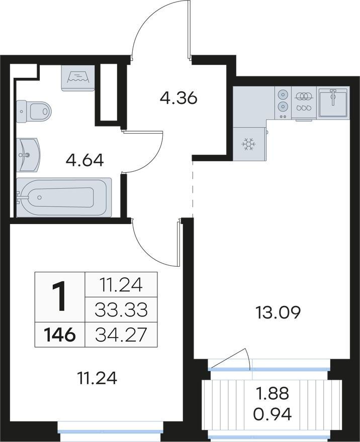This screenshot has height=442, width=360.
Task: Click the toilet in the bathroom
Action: click(34, 112)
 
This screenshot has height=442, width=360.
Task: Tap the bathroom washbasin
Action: click(28, 155)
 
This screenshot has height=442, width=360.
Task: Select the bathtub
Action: click(64, 197)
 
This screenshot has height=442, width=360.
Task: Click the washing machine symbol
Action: click(78, 78)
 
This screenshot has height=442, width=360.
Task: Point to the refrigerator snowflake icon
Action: click(249, 144)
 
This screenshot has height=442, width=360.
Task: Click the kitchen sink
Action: click(333, 101)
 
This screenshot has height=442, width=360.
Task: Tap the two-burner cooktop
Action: click(283, 102)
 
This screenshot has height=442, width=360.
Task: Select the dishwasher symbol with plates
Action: click(304, 102)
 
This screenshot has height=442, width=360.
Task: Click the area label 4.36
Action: click(178, 98)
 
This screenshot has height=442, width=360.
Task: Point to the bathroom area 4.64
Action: click(84, 160)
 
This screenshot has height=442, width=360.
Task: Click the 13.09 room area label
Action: click(278, 313)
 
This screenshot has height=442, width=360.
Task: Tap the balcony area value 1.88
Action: click(272, 393)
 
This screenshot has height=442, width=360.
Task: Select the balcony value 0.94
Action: click(272, 414)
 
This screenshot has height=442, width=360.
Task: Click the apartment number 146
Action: click(59, 335)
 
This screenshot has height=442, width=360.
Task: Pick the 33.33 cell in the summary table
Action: click(121, 309)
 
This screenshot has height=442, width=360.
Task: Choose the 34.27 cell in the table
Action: click(121, 335)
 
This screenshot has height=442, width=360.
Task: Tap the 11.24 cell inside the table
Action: click(121, 285)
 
